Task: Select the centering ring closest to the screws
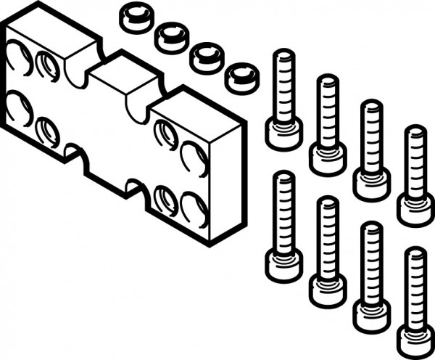coord(241,77)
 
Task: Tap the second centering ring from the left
coord(172,36)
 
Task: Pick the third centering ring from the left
coord(207,57)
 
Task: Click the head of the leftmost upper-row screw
coord(283,134)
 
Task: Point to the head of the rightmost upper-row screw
coord(415,209)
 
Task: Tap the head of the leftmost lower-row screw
coord(283,263)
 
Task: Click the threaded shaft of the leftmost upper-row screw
coord(283,83)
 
